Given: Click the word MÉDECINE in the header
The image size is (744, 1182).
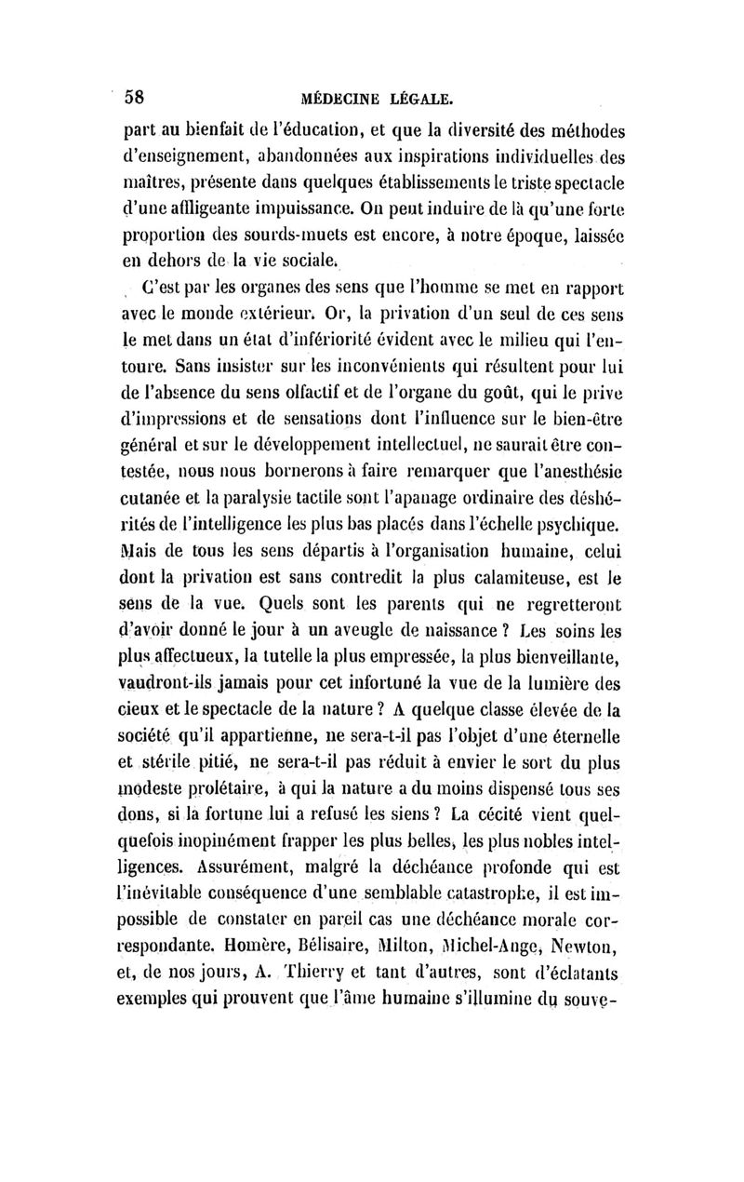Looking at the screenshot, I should point(344,97).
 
